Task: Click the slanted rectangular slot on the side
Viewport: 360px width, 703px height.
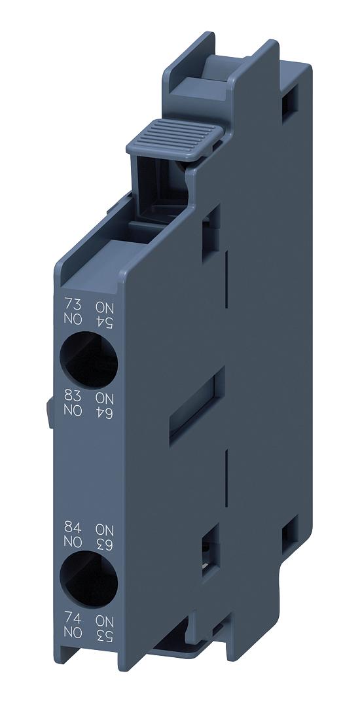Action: [196, 406]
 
